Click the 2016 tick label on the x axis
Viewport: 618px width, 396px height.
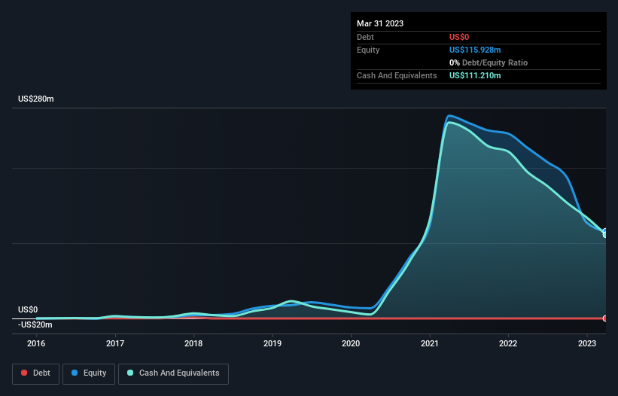[x=36, y=343]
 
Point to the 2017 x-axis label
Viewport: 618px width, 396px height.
[x=115, y=343]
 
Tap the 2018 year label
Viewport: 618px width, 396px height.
[x=193, y=343]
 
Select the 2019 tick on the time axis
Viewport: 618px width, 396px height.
[x=272, y=343]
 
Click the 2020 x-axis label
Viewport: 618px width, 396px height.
[x=351, y=343]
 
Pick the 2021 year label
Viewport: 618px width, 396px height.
[x=430, y=343]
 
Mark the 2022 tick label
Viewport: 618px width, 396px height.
[x=508, y=343]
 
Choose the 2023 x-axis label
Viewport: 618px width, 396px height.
[x=587, y=343]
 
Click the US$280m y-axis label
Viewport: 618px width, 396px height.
[x=37, y=99]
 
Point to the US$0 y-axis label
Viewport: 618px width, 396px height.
[x=28, y=309]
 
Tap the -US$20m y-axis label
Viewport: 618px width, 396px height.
[x=35, y=324]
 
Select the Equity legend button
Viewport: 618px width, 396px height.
[x=89, y=373]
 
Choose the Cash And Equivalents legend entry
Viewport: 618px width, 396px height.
[x=173, y=373]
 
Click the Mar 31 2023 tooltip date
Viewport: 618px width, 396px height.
[x=380, y=23]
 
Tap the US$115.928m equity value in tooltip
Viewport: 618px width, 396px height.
[x=475, y=50]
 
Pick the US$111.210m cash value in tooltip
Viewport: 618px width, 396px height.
[x=475, y=75]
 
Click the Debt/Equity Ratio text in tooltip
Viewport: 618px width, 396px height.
[x=492, y=62]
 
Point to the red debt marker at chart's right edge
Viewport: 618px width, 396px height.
[x=604, y=318]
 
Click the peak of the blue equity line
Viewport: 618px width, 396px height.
[x=449, y=115]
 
